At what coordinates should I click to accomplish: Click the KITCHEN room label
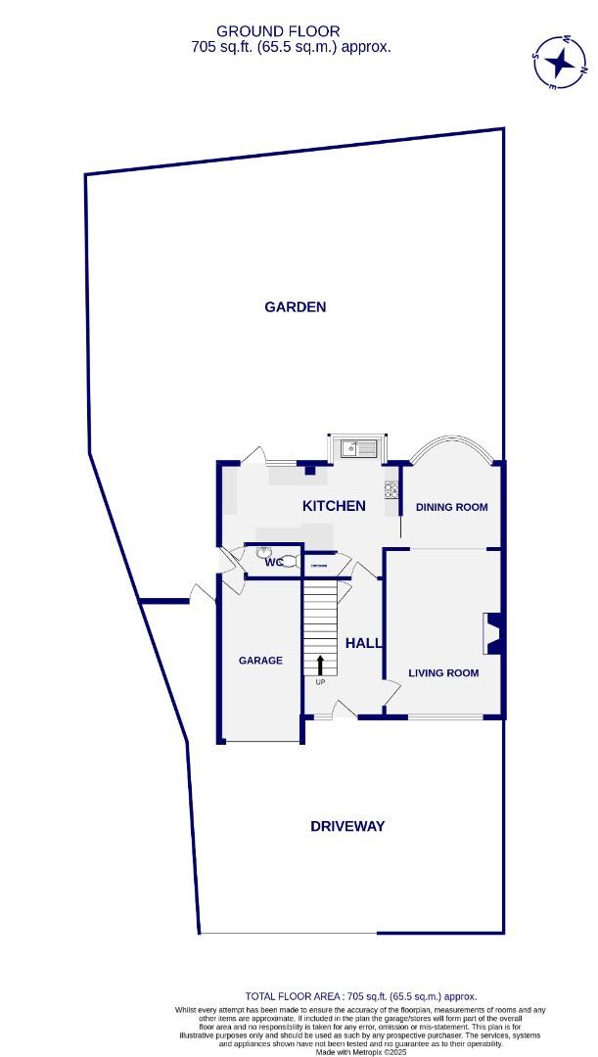(x=334, y=506)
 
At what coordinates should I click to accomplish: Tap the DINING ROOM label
(x=451, y=507)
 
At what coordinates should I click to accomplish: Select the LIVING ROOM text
(x=443, y=673)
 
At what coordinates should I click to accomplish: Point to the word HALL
(x=363, y=643)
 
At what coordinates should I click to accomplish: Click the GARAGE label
(x=260, y=661)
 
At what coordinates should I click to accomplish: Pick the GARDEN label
(x=295, y=307)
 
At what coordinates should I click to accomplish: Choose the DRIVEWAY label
(x=347, y=826)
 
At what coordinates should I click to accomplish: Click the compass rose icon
(x=561, y=63)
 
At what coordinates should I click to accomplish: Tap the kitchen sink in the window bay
(x=358, y=449)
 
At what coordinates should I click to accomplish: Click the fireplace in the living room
(x=493, y=633)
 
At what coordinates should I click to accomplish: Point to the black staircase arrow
(x=319, y=666)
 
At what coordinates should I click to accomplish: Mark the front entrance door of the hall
(x=345, y=710)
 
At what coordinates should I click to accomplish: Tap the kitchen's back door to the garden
(x=254, y=456)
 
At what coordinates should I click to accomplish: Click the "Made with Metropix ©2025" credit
(x=359, y=1052)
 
